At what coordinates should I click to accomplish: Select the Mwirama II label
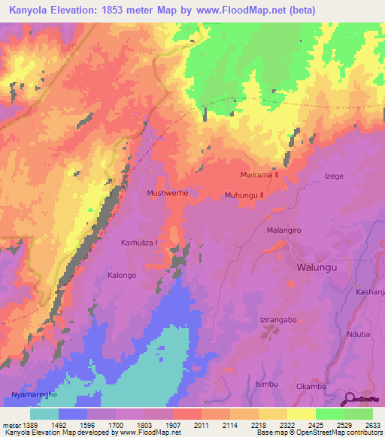point(259,174)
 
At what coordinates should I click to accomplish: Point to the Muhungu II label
point(244,195)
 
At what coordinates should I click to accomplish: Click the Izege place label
point(333,176)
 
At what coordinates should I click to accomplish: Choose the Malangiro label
point(284,231)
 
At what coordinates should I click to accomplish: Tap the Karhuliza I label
point(140,243)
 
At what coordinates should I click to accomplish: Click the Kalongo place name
point(122,276)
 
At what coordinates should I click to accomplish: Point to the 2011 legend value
point(201,424)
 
